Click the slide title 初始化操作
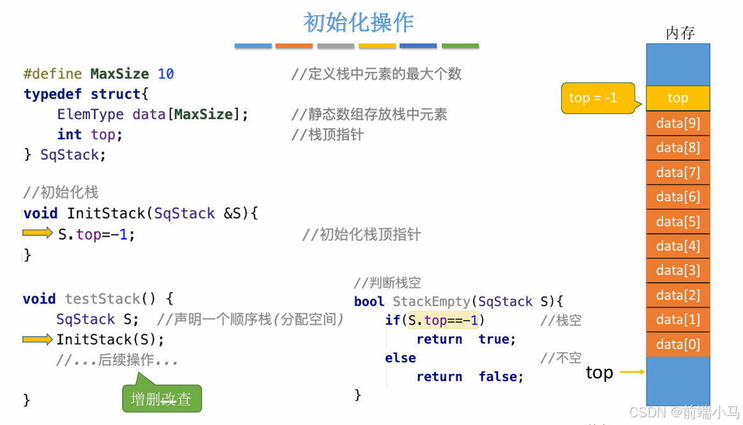pos(359,22)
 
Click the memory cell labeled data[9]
pos(678,123)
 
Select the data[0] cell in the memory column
pos(678,344)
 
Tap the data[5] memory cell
pos(678,222)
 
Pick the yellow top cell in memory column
pos(678,98)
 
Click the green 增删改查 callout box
pos(161,399)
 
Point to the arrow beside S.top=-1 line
pos(38,233)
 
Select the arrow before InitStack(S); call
pos(38,339)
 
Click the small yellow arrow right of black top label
pos(632,372)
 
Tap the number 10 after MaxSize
pos(166,73)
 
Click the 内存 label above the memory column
pos(680,33)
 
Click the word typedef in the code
pos(53,94)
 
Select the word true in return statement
pos(497,339)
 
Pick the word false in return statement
pos(501,377)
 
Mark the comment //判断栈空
pos(387,282)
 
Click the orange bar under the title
pos(294,46)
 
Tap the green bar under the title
pos(460,46)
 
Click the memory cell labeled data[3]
pos(678,271)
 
